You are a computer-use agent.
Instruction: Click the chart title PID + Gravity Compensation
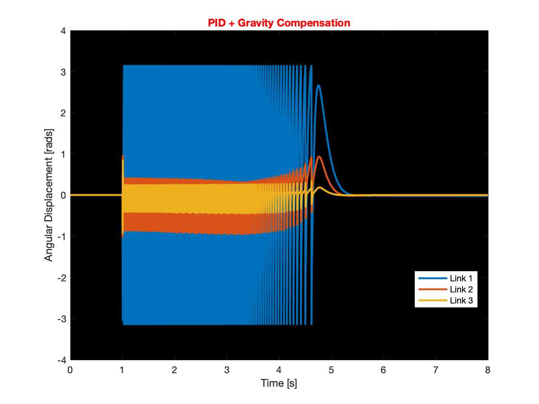(279, 23)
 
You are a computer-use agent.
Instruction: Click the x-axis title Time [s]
(279, 383)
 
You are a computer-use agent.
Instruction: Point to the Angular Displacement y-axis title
(49, 195)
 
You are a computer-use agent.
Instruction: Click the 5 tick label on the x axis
(331, 370)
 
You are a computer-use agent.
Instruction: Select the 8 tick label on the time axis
(488, 370)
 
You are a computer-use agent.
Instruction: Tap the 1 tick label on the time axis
(122, 370)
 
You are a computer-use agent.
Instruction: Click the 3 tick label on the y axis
(63, 72)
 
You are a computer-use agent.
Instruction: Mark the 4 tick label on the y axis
(63, 31)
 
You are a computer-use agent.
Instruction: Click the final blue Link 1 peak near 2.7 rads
(319, 85)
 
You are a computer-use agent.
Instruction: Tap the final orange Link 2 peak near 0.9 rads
(320, 156)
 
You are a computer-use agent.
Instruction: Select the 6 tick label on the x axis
(384, 370)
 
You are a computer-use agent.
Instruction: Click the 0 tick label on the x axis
(70, 370)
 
